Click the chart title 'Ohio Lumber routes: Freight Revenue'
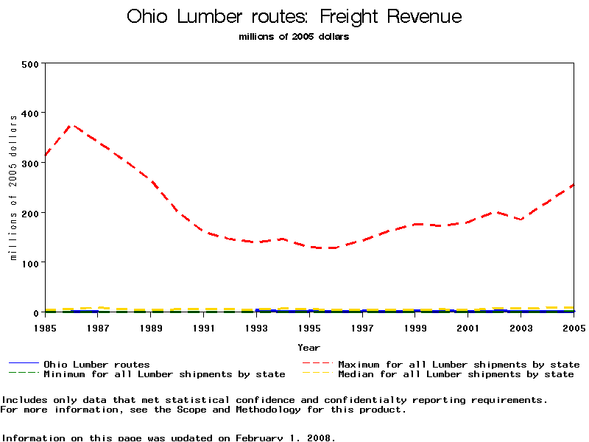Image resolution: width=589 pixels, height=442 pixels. coord(294,16)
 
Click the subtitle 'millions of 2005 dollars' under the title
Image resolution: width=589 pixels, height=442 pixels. coord(294,37)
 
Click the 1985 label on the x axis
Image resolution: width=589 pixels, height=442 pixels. coord(46,327)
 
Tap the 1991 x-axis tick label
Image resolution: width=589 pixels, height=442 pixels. coord(204,327)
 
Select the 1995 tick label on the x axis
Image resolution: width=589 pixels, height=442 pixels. coord(309,327)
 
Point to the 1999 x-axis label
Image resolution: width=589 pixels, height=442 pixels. coord(415,327)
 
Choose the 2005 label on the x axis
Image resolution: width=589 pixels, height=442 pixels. coord(574,327)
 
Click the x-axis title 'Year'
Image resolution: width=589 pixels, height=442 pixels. coord(309,347)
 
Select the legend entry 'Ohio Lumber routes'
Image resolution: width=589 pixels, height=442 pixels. coord(96,364)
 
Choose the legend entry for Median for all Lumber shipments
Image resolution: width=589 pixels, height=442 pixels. coord(456,374)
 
